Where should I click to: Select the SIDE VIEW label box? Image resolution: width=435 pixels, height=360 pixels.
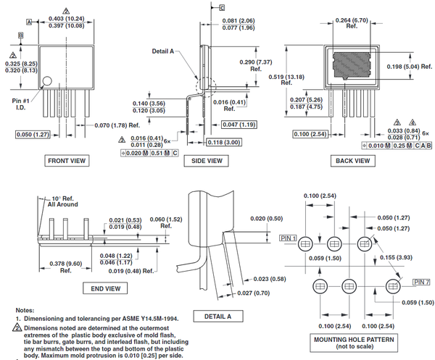point(203,161)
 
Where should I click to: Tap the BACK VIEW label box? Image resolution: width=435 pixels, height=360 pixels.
point(353,161)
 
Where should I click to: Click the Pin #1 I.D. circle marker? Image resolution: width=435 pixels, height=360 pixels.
point(47,83)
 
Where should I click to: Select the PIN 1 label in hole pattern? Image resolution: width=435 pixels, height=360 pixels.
point(288,238)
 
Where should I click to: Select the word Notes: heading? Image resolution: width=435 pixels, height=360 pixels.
point(25,309)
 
